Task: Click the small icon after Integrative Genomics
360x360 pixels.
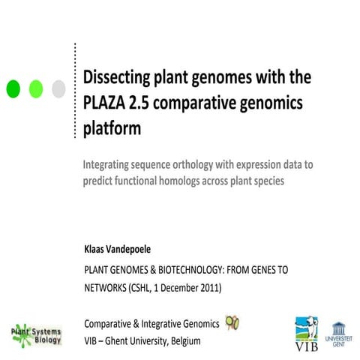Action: coord(233,322)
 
